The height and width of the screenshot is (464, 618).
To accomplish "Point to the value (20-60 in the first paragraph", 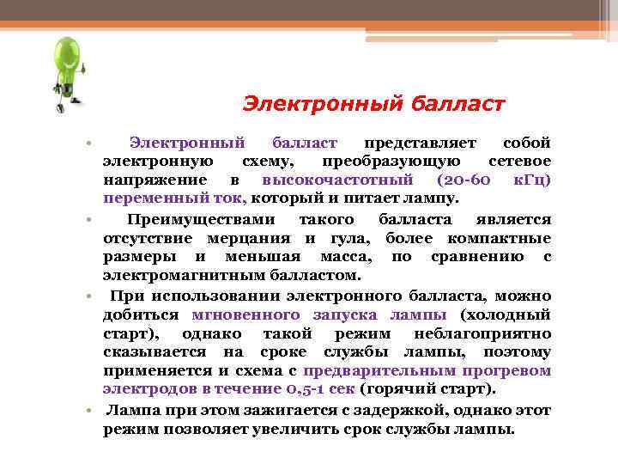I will tap(463, 180).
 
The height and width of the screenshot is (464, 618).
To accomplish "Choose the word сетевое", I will tap(519, 162).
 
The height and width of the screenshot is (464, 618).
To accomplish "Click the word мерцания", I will tap(257, 238).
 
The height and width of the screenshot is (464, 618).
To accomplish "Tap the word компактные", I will tap(505, 238).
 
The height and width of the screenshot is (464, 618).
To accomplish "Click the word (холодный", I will tap(505, 314).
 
